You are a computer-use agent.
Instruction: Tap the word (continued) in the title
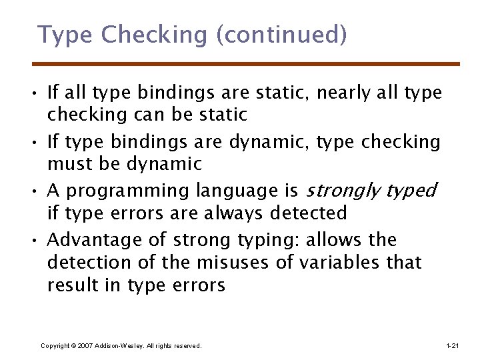[281, 35]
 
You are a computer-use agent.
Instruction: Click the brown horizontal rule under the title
[246, 64]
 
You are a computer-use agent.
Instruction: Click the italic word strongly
[341, 191]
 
